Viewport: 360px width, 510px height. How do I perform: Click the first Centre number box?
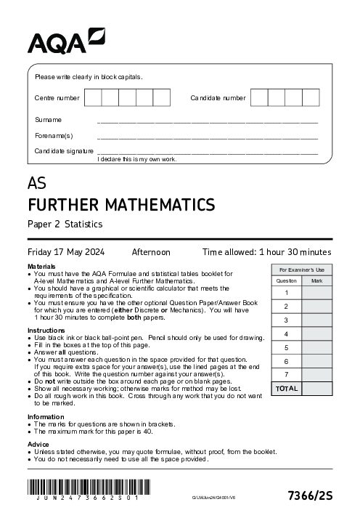pyautogui.click(x=93, y=98)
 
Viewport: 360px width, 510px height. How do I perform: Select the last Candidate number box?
pyautogui.click(x=311, y=98)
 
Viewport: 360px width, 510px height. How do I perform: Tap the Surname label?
pyautogui.click(x=48, y=120)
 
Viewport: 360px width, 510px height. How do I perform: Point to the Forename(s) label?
pyautogui.click(x=54, y=136)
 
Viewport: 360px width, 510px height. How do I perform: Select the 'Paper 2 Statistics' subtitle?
pyautogui.click(x=65, y=224)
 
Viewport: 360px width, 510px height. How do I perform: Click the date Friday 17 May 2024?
pyautogui.click(x=66, y=252)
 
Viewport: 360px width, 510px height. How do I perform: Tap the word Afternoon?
pyautogui.click(x=150, y=252)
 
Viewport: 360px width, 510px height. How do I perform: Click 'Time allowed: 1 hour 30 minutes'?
pyautogui.click(x=266, y=252)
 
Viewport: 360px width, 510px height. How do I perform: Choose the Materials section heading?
pyautogui.click(x=42, y=267)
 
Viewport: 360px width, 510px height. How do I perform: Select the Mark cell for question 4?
pyautogui.click(x=316, y=334)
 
